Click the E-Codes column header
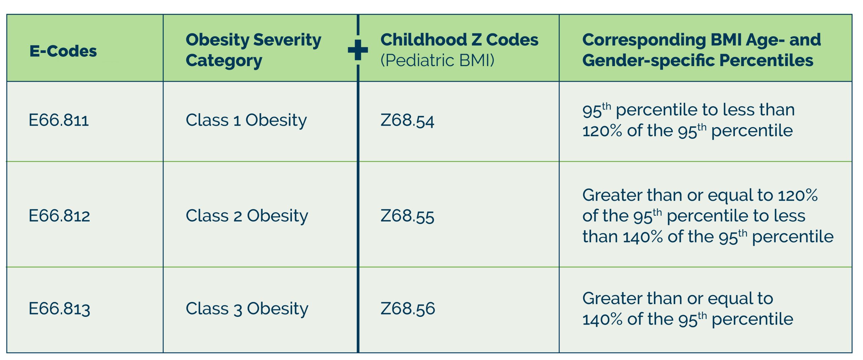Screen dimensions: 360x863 63,51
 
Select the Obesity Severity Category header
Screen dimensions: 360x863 253,50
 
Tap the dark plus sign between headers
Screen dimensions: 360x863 358,50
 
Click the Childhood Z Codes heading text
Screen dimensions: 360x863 459,40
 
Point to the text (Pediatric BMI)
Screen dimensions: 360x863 437,61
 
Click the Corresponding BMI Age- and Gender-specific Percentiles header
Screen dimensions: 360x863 701,50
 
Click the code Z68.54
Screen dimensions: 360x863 407,121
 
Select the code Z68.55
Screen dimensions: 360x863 407,216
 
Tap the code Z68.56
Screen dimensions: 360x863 408,309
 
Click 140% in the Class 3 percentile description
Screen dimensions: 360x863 602,320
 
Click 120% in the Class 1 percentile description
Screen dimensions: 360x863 602,131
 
